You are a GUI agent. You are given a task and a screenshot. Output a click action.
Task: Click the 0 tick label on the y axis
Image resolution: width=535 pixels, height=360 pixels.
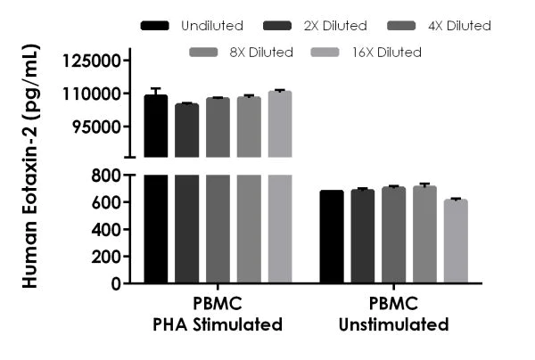click(116, 283)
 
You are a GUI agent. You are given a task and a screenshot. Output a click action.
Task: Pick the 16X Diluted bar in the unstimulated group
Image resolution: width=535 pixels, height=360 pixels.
click(456, 241)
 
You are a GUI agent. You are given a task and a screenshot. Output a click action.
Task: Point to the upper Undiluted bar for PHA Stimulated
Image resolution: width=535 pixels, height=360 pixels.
click(155, 126)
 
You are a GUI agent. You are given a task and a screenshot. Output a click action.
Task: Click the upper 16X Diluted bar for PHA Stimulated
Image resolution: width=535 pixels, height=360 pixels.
click(280, 124)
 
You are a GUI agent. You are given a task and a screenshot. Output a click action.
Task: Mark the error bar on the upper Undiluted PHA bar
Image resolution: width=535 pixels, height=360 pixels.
click(155, 92)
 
